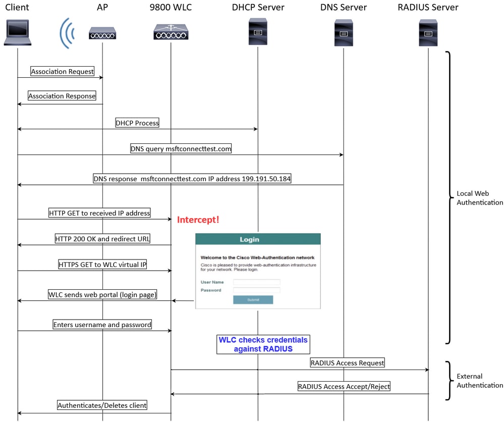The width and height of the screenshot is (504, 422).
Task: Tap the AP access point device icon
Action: click(102, 33)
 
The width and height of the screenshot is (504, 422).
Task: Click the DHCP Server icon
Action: click(258, 31)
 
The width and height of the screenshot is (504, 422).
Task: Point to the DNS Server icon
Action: click(344, 32)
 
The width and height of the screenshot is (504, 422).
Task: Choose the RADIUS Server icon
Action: click(428, 32)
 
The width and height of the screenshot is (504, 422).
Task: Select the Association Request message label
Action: click(63, 72)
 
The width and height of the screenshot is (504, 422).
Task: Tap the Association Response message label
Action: click(62, 96)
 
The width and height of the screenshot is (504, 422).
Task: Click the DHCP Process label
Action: click(137, 123)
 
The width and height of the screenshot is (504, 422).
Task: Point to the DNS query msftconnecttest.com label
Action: click(181, 149)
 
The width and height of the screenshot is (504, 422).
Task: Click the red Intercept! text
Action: click(198, 220)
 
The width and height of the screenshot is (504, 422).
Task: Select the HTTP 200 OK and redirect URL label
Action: click(102, 239)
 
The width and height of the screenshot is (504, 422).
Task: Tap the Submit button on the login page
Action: click(253, 300)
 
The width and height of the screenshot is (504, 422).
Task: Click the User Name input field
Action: click(256, 282)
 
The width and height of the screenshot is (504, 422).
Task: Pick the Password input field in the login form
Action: click(256, 290)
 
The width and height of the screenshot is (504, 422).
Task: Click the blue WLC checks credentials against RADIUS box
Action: click(263, 344)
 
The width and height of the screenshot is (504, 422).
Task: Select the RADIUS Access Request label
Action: click(347, 362)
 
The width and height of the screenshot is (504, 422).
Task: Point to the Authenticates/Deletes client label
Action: click(102, 405)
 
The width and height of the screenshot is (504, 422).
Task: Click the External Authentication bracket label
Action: click(479, 381)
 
